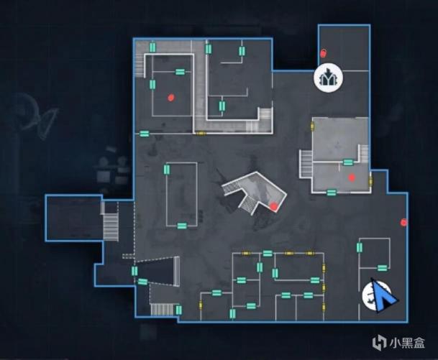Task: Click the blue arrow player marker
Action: tap(383, 296)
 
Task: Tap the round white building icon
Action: tap(329, 78)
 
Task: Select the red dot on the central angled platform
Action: tap(274, 206)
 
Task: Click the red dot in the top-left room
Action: tap(171, 98)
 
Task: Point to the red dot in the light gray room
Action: tap(352, 177)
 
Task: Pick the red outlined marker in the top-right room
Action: tap(323, 52)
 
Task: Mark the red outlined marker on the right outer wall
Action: tap(403, 223)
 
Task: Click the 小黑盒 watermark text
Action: tap(407, 343)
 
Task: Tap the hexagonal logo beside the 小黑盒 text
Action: tap(379, 343)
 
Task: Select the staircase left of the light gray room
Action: tap(306, 164)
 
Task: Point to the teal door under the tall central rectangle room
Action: tap(182, 226)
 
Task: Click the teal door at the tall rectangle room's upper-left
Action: tap(167, 170)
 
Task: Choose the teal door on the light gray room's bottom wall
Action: tap(332, 193)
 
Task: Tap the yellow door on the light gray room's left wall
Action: tap(312, 126)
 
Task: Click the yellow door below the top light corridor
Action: tap(201, 134)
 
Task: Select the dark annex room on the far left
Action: tap(74, 218)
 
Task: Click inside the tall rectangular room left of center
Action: tap(182, 195)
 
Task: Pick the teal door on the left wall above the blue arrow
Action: tap(360, 247)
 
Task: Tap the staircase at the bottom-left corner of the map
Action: tap(163, 309)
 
